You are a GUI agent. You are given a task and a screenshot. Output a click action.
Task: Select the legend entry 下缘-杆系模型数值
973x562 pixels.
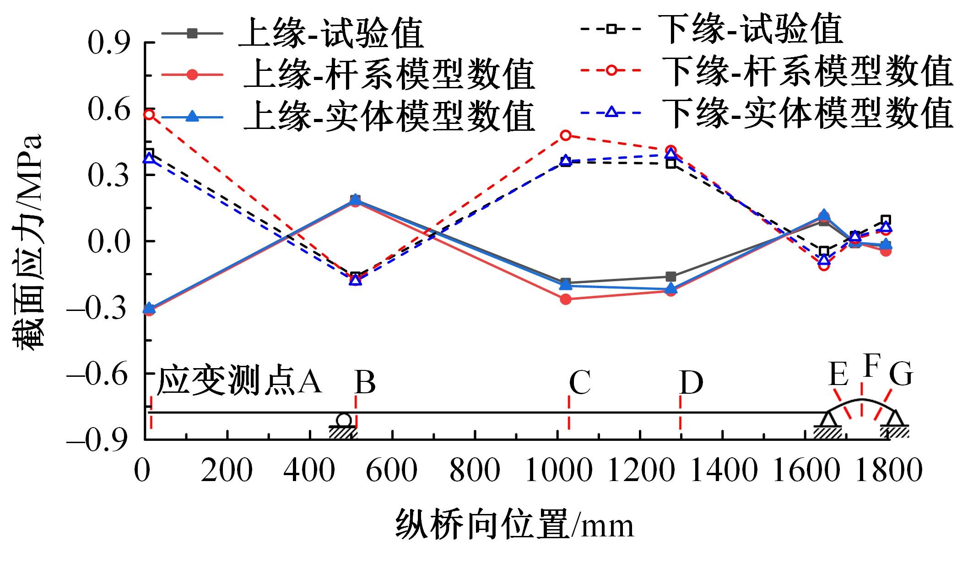[x=807, y=72]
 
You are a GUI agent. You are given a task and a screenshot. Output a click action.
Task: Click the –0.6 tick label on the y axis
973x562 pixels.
[x=97, y=374]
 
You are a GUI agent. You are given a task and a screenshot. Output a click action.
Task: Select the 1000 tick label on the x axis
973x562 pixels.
[x=557, y=470]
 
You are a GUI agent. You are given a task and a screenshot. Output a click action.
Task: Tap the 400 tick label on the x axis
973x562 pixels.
[x=309, y=470]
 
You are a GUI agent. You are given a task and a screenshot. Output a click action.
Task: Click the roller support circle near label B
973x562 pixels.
[x=344, y=420]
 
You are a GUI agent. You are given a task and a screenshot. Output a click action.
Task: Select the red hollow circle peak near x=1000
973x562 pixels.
[x=566, y=135]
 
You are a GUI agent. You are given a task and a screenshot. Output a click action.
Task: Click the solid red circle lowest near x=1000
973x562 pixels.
[x=566, y=300]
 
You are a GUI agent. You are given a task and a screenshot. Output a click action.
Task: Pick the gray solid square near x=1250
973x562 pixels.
[x=671, y=277]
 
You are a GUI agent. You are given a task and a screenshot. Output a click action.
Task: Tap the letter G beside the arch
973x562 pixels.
[x=901, y=375]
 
